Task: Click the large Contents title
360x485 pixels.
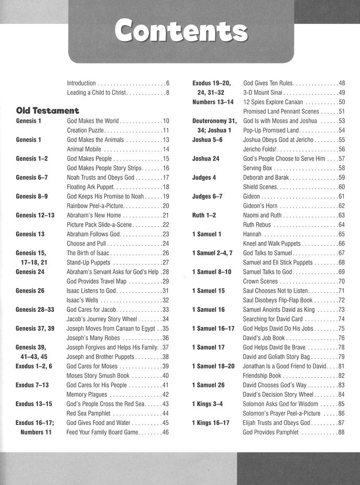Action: point(182,32)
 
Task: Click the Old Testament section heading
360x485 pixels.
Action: point(47,111)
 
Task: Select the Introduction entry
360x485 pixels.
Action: point(81,83)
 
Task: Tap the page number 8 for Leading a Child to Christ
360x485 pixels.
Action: point(167,93)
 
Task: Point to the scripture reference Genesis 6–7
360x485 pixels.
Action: point(32,177)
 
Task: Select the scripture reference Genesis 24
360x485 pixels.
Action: point(30,272)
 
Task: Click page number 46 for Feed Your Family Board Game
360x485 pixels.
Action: point(165,432)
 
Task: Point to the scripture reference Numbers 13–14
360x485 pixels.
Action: point(214,102)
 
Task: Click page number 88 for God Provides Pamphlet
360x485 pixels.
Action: point(342,432)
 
